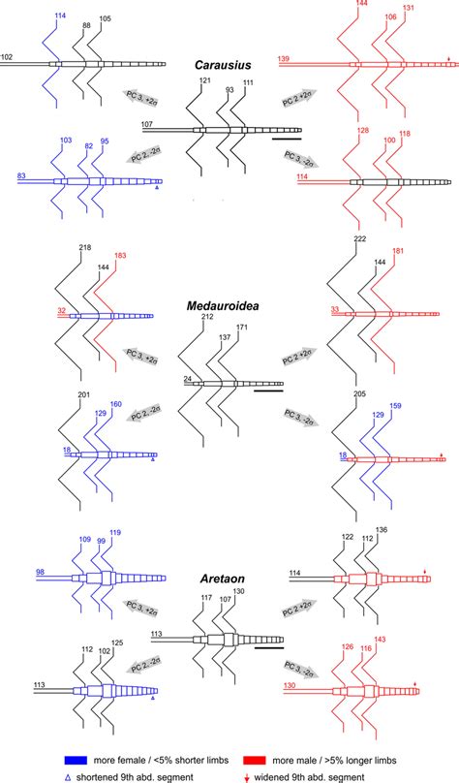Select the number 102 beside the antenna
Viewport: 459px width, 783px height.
pos(8,57)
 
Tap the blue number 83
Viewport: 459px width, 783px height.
pos(22,175)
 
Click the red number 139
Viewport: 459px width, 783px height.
pos(284,59)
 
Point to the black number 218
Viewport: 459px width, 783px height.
pos(85,249)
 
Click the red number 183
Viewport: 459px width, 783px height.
pos(120,256)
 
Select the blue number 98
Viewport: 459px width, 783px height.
pos(41,572)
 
